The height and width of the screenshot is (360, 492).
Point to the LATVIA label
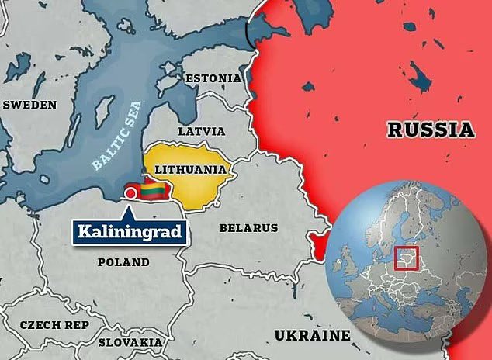[202, 131]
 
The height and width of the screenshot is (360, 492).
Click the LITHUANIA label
[190, 169]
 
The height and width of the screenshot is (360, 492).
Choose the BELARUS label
[248, 228]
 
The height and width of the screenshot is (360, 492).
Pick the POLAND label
[123, 262]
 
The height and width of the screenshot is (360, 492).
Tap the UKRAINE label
[312, 335]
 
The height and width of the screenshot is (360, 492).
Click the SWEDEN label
[29, 105]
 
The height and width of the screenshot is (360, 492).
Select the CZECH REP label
[54, 325]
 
